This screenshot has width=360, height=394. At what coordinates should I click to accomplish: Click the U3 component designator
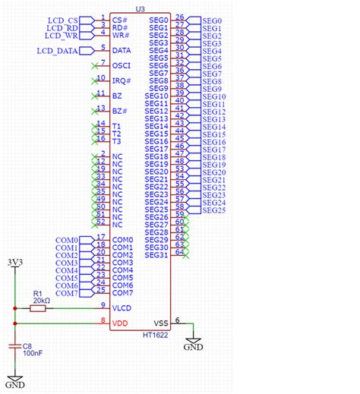[140, 8]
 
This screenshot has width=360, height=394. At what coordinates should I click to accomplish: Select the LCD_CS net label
[62, 20]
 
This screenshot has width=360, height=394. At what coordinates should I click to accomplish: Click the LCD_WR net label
[62, 35]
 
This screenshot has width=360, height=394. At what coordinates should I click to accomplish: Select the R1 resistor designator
[37, 292]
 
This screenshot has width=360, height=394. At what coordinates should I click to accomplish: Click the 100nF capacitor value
[33, 353]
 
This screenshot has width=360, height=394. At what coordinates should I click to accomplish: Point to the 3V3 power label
[14, 262]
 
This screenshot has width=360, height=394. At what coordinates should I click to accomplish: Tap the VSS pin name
[162, 323]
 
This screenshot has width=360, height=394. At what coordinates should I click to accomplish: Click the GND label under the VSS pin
[194, 347]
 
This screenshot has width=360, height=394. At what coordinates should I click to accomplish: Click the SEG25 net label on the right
[213, 210]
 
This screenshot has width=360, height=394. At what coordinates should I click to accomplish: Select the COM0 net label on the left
[67, 241]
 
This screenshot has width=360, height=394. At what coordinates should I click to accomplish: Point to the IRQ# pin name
[122, 80]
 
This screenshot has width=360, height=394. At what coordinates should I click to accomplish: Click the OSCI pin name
[122, 66]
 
